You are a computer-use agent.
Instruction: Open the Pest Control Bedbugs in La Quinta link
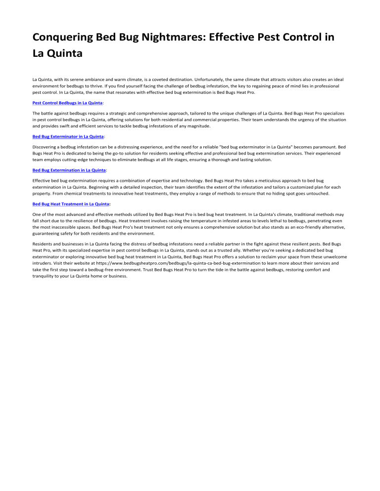[67, 103]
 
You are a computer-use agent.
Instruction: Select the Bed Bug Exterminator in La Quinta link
[68, 136]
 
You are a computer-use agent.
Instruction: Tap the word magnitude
[197, 126]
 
